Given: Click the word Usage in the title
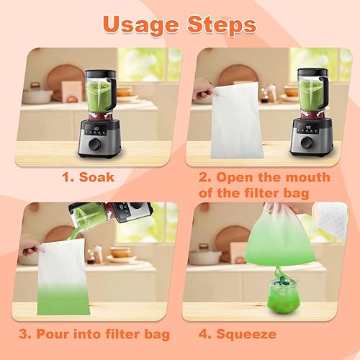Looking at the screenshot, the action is coord(141,25).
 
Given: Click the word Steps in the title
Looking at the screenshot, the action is coord(222,25).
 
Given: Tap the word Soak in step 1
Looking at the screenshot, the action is coord(96,177).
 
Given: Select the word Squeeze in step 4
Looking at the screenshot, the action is coord(246,335).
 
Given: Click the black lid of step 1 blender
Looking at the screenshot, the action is coord(100,73).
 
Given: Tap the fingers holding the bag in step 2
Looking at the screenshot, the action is coord(204,89).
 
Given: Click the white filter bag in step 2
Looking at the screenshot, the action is coord(236,121).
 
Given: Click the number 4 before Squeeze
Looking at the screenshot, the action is coord(204,334).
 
